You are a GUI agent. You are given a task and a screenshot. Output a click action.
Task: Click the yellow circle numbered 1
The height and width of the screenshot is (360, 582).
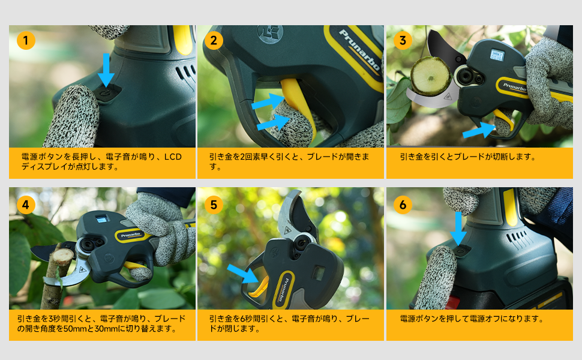[26, 41]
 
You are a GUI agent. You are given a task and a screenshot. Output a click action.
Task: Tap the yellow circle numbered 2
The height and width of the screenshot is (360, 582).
[214, 41]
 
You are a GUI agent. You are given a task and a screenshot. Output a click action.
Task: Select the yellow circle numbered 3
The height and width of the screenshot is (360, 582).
[403, 41]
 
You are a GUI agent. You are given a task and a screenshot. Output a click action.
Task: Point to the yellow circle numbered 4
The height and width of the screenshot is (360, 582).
[26, 205]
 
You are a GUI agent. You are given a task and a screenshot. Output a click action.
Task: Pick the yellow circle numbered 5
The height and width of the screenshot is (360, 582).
[214, 205]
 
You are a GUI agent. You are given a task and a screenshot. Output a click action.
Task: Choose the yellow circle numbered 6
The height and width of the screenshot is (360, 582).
[403, 205]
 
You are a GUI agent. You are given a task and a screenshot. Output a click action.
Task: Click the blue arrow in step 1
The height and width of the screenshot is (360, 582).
[106, 70]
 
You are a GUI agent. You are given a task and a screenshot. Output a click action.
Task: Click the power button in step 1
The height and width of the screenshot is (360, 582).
[107, 95]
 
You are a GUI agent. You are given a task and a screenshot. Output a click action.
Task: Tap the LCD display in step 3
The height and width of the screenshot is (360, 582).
[499, 53]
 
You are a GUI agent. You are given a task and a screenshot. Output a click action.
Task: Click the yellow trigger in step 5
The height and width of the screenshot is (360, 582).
[262, 286]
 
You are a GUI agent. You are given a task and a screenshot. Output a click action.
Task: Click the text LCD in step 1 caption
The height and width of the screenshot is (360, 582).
[172, 157]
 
